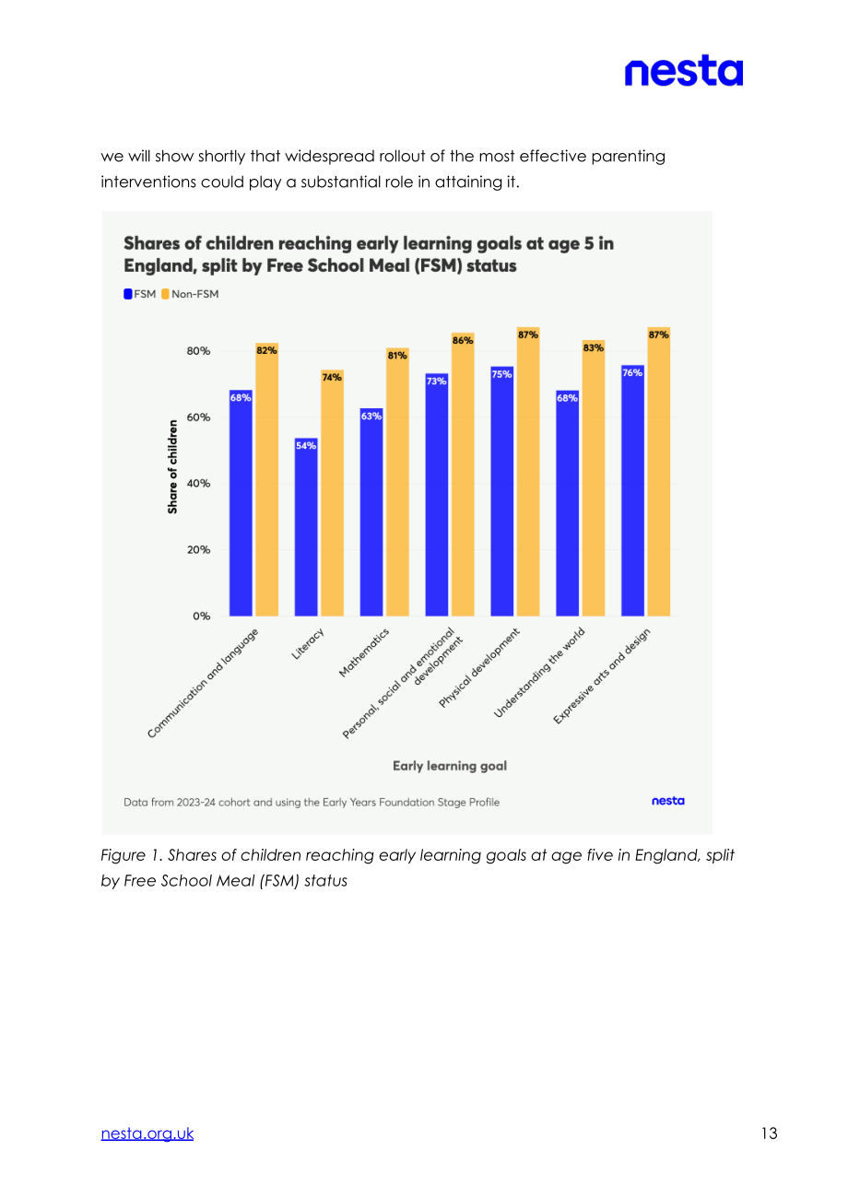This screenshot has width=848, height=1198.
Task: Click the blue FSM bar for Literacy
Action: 306,527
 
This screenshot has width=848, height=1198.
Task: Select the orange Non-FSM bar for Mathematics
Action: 397,482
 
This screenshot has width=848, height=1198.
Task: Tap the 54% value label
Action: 306,445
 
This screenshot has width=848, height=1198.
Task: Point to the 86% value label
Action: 463,340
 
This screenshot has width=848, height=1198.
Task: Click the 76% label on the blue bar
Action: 632,373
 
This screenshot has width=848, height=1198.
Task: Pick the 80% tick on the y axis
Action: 198,351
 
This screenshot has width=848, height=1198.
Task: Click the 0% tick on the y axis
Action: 202,617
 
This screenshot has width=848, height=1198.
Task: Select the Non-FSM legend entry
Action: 190,294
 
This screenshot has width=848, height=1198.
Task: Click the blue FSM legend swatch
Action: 128,294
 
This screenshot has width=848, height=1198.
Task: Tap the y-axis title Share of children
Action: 172,467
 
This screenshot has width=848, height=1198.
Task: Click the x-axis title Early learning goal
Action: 450,766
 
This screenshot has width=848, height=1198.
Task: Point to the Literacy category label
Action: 308,643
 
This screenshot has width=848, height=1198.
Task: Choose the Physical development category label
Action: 478,667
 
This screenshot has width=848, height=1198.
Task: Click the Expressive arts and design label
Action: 602,676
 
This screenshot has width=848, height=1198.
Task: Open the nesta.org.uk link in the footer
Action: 147,1133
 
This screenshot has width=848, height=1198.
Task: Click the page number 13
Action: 770,1133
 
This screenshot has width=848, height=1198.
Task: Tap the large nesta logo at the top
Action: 684,70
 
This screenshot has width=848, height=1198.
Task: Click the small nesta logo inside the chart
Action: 668,801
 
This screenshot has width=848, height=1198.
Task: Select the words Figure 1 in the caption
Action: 131,855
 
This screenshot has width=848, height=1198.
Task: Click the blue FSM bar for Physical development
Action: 501,491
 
